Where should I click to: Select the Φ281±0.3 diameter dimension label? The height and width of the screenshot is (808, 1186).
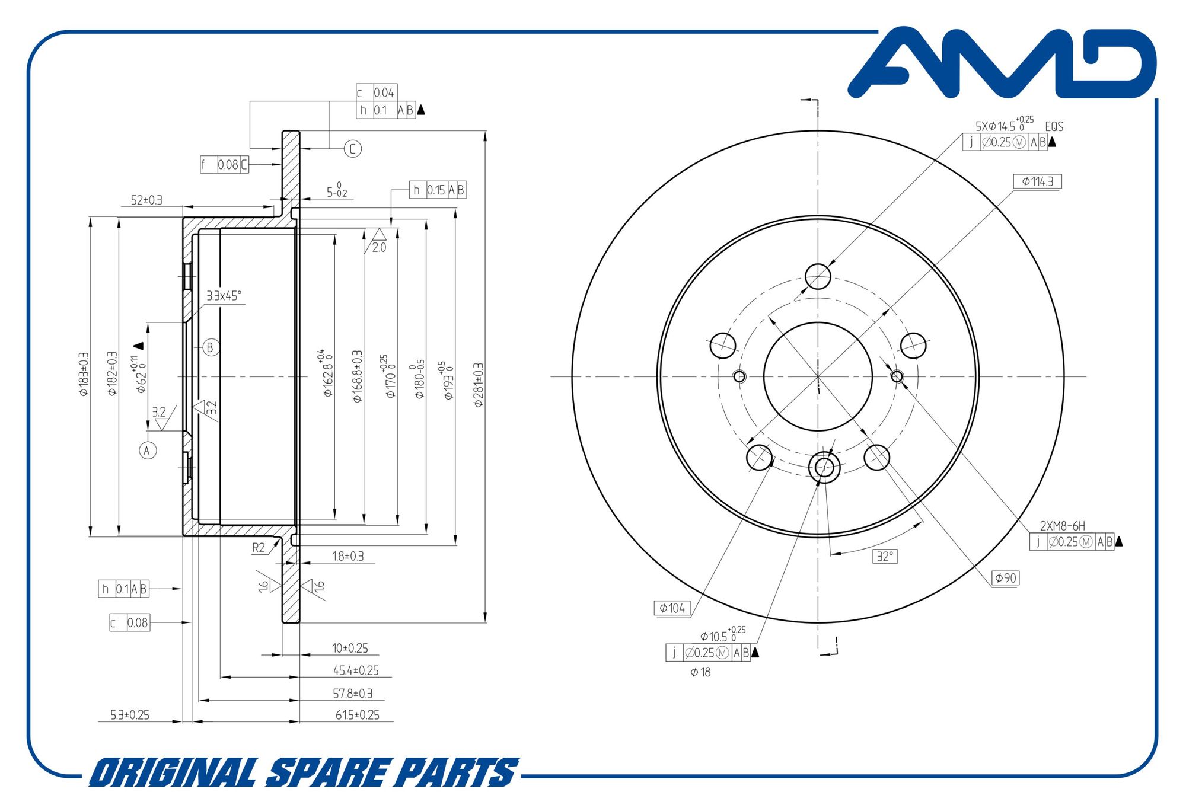tap(479, 385)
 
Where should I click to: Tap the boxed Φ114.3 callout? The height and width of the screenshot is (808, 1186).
tap(1037, 181)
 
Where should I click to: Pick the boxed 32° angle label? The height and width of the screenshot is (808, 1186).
tap(885, 557)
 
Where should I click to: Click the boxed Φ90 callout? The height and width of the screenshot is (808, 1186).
tap(1006, 578)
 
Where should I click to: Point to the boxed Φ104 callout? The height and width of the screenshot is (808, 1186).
tap(672, 608)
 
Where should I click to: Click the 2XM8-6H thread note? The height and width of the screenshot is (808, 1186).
tap(1062, 526)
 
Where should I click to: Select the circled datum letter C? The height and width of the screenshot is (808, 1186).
tap(353, 149)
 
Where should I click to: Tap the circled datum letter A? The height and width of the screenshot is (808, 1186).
tap(148, 451)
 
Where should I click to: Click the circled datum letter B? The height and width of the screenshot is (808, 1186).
tap(211, 347)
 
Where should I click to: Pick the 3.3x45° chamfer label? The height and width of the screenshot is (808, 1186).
tap(224, 296)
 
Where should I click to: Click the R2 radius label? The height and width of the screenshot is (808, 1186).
tap(259, 548)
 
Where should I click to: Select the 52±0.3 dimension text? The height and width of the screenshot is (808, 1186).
tap(146, 200)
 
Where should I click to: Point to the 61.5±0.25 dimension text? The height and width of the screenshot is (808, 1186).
tap(357, 715)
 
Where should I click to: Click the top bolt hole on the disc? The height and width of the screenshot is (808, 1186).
tap(818, 276)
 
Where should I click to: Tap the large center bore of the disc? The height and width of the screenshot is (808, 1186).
tap(818, 376)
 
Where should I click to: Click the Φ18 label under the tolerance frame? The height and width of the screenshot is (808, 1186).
tap(700, 672)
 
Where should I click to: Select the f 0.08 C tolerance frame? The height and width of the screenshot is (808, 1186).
tap(224, 165)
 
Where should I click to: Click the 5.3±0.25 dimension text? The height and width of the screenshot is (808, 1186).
tap(130, 715)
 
